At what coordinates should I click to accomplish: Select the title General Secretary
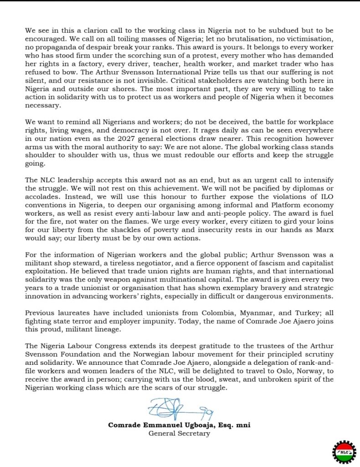[x=179, y=433]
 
